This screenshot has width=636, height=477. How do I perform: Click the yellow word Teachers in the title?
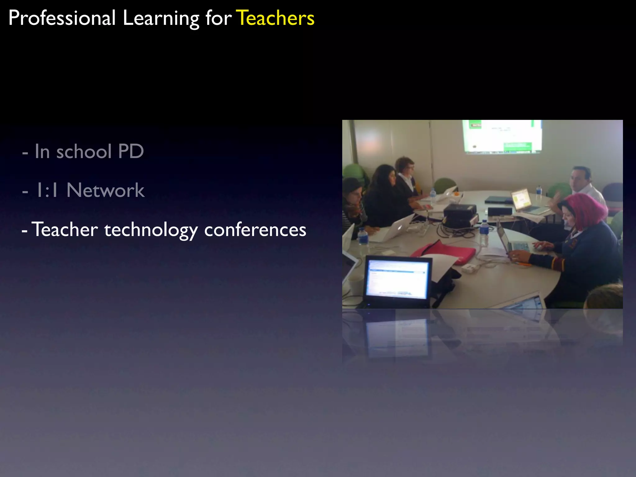tap(275, 18)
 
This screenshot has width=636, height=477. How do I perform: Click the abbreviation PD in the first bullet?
tap(131, 152)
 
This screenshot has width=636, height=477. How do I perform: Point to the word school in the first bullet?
tap(84, 152)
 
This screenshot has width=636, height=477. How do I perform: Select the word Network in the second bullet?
tap(105, 190)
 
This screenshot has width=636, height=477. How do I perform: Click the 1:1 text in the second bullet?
tap(47, 190)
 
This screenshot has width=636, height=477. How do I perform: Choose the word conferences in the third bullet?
tap(255, 230)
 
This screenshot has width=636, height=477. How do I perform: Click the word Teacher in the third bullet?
tap(65, 229)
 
